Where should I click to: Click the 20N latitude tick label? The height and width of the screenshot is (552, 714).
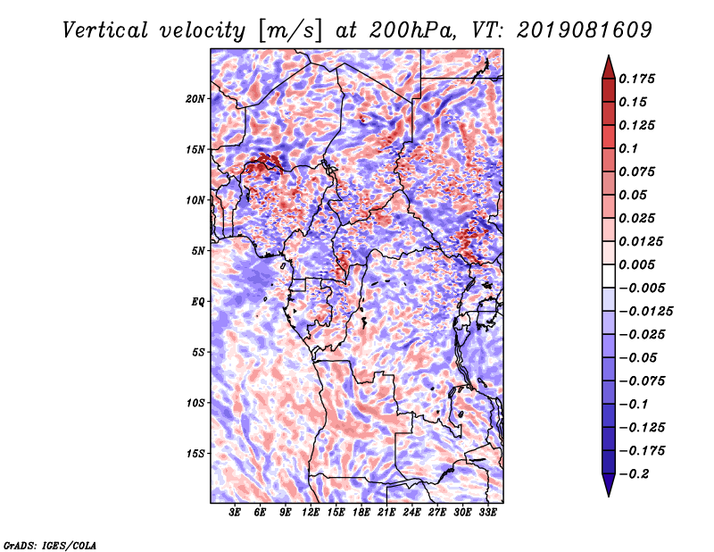tap(195, 99)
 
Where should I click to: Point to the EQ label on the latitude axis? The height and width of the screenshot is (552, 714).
tap(198, 302)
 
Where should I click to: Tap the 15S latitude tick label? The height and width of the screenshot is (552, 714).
tap(195, 454)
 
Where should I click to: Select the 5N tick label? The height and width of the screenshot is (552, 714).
tap(198, 251)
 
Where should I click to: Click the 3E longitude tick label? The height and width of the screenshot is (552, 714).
tap(235, 513)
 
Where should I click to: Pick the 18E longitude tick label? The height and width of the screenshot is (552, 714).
tap(361, 513)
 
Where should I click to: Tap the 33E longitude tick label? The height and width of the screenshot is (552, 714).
tap(487, 513)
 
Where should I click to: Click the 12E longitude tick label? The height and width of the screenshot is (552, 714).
tap(311, 513)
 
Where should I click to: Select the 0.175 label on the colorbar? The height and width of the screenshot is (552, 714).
tap(636, 79)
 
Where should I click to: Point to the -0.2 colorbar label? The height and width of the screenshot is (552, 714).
tap(635, 474)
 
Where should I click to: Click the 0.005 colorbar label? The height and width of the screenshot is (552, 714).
tap(636, 264)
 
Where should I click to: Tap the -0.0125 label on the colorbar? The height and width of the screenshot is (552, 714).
tap(645, 312)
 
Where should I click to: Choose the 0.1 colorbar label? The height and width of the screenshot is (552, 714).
tap(628, 148)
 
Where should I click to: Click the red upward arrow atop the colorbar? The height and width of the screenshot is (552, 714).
tap(609, 68)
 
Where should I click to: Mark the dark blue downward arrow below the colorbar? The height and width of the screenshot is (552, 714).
tap(609, 485)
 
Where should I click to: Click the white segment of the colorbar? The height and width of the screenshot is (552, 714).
tap(609, 276)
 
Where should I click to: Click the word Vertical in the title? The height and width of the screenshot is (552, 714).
tap(105, 30)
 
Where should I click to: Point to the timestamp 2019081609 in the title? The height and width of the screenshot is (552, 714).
tap(585, 30)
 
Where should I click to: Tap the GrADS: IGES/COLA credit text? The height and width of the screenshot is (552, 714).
tap(50, 545)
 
